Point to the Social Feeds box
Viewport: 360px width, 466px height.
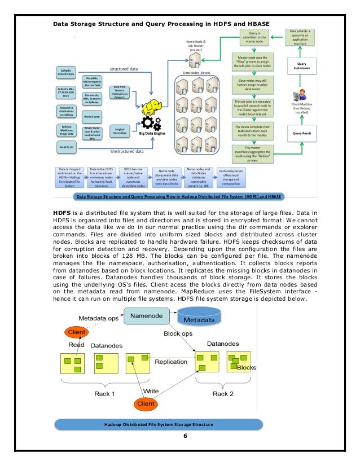tap(66, 147)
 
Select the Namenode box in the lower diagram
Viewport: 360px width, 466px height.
tap(147, 316)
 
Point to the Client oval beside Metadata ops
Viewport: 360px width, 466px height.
tap(76, 333)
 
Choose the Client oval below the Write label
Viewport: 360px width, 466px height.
tap(146, 403)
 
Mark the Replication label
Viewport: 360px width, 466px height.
tap(171, 362)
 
